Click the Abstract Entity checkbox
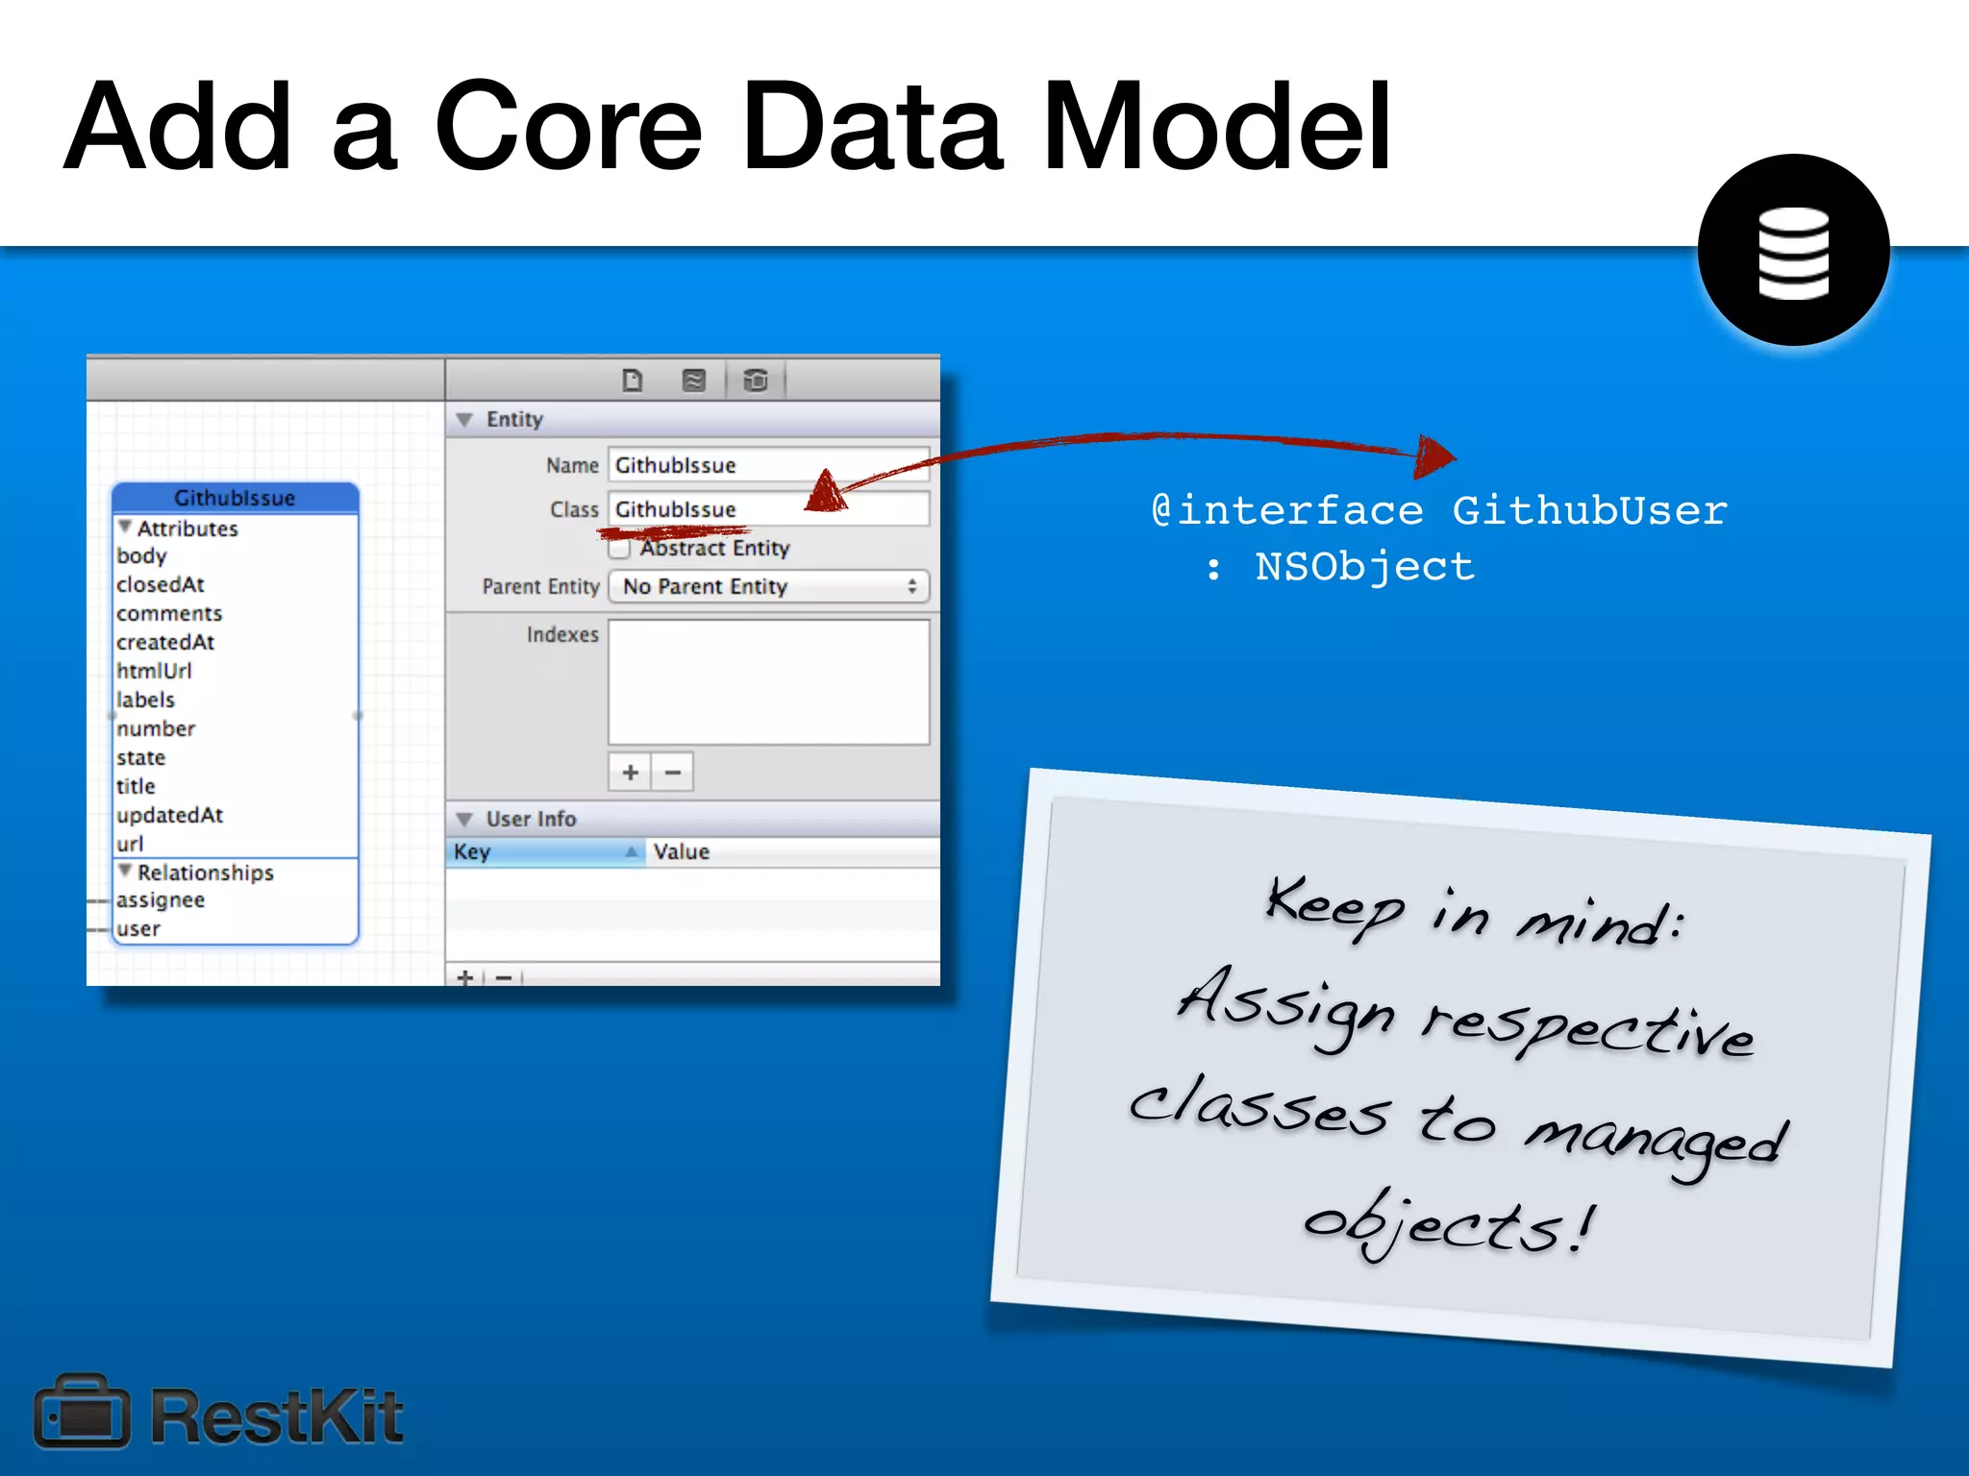620,550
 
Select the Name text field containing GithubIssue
767,465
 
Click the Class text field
767,509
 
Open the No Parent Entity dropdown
768,586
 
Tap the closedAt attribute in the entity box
161,584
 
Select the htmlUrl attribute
154,671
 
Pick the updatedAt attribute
169,815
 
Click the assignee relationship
161,900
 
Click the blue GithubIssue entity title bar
235,498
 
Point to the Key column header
543,852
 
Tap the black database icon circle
1793,250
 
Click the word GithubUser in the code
1589,510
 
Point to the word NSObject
1364,567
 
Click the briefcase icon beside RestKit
82,1413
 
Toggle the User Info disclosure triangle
465,820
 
